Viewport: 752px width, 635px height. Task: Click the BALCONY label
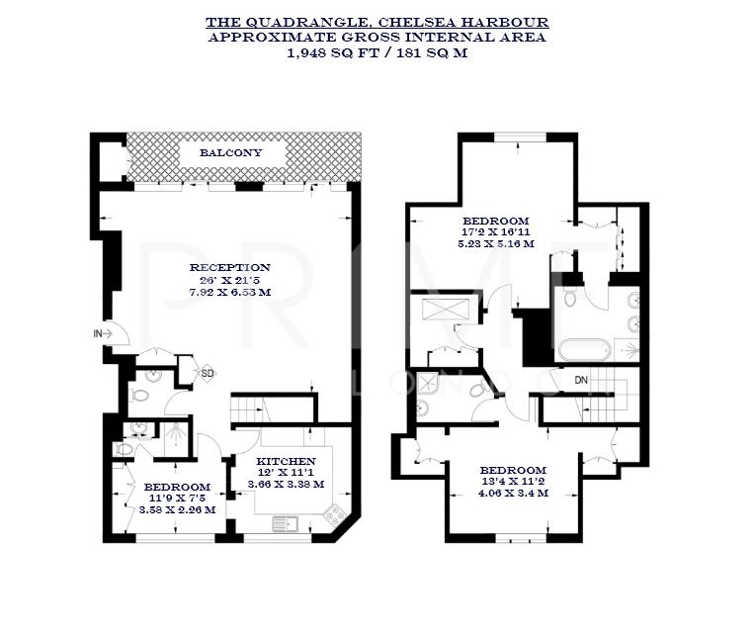pos(230,153)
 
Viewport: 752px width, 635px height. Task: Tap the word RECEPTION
pos(229,267)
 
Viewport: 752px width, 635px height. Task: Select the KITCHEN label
pos(286,461)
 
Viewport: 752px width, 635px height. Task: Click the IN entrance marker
pos(99,334)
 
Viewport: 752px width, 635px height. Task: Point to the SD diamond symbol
pos(208,373)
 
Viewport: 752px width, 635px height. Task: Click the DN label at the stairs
pos(581,378)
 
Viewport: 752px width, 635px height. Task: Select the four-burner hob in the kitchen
pos(332,514)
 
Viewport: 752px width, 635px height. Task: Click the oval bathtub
pos(582,349)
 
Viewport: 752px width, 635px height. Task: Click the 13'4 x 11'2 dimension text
pos(513,482)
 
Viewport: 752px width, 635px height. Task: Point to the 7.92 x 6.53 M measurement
pos(229,291)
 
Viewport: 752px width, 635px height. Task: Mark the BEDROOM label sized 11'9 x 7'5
pos(176,487)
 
